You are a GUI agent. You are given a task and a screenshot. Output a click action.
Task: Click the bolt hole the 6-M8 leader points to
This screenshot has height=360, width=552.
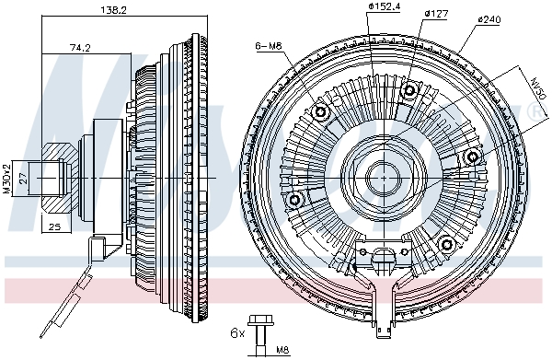(321, 112)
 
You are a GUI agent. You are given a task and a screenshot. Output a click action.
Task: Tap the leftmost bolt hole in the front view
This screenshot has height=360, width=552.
(295, 199)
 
